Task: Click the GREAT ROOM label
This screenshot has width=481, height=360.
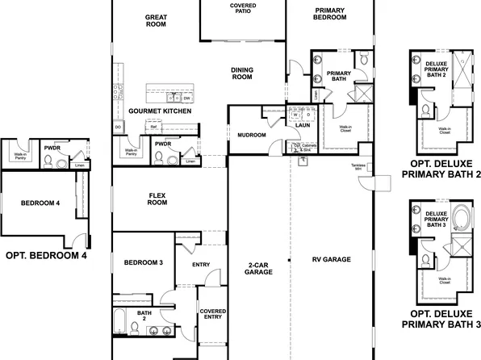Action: point(156,21)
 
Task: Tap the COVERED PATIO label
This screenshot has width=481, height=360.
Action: point(243,9)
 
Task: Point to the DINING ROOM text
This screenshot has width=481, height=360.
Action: point(242,73)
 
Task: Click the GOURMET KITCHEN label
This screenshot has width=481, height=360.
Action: point(160,111)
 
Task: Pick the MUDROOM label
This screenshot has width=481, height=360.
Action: point(251,135)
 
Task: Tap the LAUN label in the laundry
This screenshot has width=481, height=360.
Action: point(303,126)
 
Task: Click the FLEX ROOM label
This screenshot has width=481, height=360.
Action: point(157,199)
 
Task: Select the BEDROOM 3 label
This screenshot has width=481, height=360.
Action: point(144,263)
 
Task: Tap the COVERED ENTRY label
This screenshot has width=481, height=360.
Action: point(212,314)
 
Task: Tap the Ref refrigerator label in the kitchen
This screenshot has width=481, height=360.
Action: point(153,127)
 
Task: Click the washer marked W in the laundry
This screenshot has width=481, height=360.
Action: point(295,115)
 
